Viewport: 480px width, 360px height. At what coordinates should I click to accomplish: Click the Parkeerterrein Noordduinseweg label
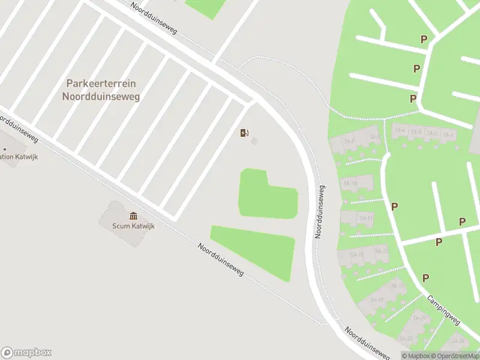click(x=101, y=90)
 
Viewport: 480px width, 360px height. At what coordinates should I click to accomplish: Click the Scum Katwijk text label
click(x=127, y=226)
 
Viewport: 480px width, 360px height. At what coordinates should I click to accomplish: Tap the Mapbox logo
click(x=26, y=352)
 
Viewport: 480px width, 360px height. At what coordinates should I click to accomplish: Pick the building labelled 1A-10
click(x=351, y=183)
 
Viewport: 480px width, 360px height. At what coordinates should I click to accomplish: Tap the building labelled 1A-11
click(x=365, y=218)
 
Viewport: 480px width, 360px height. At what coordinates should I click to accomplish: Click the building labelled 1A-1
click(x=448, y=134)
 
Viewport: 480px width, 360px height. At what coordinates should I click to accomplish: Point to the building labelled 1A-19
click(x=377, y=299)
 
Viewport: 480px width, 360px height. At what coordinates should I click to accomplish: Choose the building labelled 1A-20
click(x=419, y=319)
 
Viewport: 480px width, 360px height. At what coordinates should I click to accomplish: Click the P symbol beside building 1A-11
click(x=394, y=206)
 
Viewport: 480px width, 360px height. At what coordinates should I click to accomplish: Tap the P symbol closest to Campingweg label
click(x=425, y=278)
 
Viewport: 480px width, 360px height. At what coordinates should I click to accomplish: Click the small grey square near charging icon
click(x=254, y=141)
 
